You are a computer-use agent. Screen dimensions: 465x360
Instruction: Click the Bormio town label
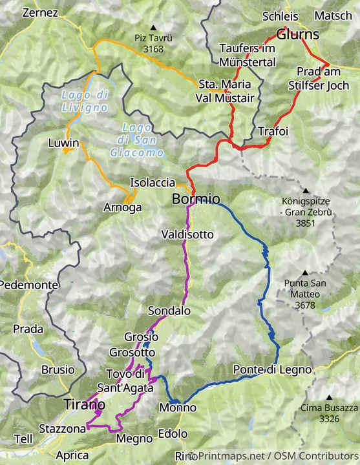pos(196,199)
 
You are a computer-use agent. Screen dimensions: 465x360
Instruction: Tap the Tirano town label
pos(84,404)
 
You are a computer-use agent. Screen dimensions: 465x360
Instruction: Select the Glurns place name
pos(299,34)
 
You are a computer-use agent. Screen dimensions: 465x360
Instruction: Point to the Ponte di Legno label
pos(273,370)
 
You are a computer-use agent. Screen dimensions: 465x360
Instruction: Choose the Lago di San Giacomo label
pos(141,139)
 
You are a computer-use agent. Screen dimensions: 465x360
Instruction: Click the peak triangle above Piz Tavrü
pos(153,27)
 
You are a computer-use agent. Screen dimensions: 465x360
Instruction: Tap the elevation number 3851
pos(305,223)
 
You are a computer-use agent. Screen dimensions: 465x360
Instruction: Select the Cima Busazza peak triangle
pos(329,397)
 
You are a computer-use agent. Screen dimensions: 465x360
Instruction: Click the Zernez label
pos(40,13)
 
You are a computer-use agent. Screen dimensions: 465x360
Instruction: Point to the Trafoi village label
pos(273,131)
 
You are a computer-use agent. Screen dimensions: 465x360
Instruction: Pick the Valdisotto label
pos(187,234)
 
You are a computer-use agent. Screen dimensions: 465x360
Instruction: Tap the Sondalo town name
pos(169,311)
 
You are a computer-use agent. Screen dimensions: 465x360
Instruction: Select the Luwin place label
pos(63,143)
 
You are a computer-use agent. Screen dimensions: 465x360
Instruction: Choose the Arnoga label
pos(122,207)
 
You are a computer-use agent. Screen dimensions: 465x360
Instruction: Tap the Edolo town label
pos(173,433)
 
